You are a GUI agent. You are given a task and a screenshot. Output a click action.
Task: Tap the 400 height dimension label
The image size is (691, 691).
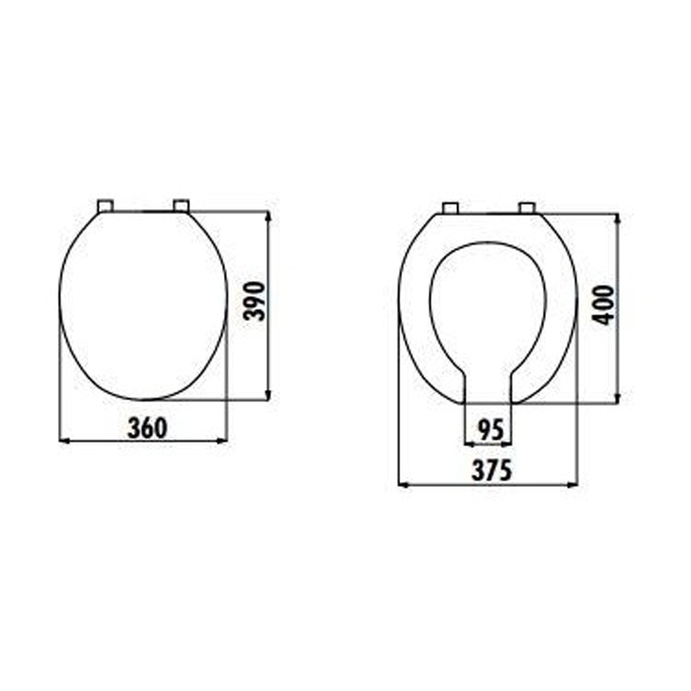(x=604, y=305)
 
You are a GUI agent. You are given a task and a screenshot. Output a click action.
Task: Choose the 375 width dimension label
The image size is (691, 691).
(x=492, y=471)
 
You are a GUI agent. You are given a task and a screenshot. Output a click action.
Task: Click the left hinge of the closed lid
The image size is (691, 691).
(x=105, y=206)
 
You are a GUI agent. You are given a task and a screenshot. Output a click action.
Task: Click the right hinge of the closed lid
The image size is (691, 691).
(x=181, y=206)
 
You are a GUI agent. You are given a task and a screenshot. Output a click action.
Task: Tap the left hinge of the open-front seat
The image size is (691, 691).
(x=450, y=208)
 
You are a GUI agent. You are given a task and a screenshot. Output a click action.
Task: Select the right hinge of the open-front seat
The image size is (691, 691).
(x=526, y=208)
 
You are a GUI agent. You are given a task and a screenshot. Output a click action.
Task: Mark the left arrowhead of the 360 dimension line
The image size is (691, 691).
(x=64, y=441)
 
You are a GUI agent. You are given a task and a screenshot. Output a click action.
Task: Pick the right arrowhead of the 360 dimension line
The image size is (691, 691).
(x=223, y=441)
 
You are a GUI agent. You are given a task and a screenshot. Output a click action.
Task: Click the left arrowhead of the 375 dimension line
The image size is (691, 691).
(x=403, y=485)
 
